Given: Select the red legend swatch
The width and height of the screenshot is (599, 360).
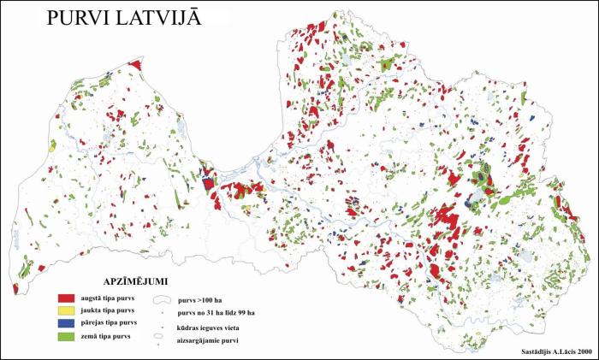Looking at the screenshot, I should point(67,297).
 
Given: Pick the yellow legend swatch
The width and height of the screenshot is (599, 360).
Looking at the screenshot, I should point(67,310).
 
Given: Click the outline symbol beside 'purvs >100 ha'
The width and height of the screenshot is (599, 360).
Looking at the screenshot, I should point(161,300).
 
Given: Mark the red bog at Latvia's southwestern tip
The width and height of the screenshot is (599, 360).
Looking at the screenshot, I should point(15,288).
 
